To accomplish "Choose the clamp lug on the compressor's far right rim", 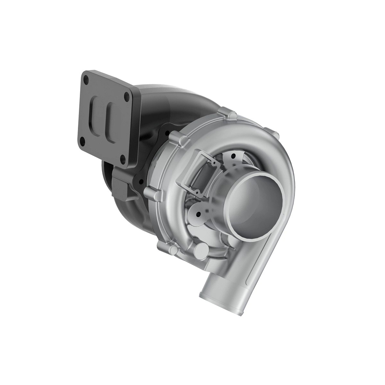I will coord(271,132).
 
